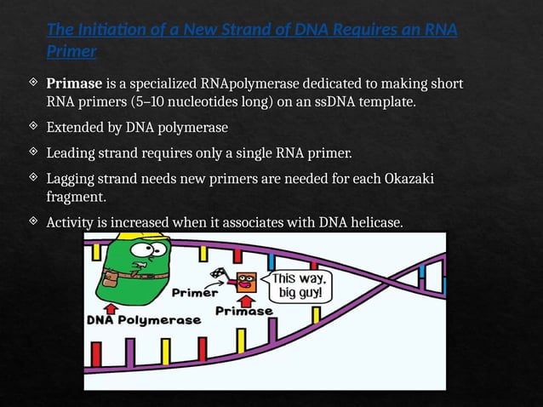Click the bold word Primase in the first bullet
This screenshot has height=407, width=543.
pyautogui.click(x=74, y=84)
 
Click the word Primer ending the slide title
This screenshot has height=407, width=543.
pyautogui.click(x=71, y=51)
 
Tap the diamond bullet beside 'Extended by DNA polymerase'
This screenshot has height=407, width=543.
pyautogui.click(x=32, y=127)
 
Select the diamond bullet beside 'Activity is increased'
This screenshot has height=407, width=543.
pyautogui.click(x=32, y=222)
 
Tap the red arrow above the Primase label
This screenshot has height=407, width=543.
pyautogui.click(x=247, y=300)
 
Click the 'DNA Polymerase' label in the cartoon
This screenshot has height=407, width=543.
pyautogui.click(x=144, y=321)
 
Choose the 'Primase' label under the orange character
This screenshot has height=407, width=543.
pyautogui.click(x=244, y=312)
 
